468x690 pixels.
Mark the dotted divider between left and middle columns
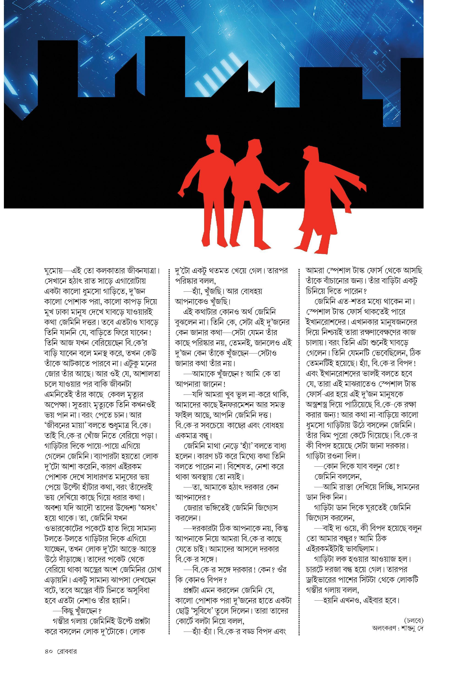[x=170, y=445]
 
